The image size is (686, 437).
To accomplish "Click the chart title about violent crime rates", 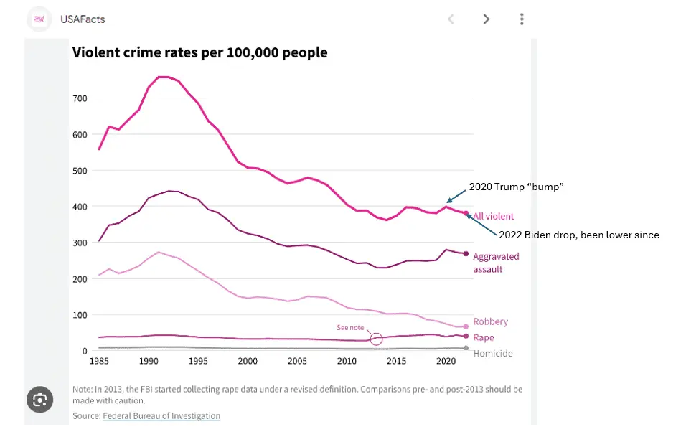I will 199,52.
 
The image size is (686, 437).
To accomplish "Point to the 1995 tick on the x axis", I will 198,360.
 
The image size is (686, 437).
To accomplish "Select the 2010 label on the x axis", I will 347,360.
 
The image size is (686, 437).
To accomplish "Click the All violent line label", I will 493,216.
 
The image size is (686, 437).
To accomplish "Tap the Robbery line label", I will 490,322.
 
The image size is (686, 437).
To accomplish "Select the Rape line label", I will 484,338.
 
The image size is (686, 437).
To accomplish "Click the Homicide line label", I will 493,353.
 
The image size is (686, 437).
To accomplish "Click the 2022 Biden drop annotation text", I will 578,235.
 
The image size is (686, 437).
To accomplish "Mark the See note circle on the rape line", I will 376,339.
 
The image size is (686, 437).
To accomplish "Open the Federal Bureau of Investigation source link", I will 161,416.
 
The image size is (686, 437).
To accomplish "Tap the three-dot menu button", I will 522,19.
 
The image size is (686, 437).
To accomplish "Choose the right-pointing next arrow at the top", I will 487,19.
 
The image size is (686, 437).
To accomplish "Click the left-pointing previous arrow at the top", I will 451,19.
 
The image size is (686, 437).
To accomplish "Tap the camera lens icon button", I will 39,400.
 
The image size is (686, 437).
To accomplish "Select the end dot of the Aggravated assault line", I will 466,254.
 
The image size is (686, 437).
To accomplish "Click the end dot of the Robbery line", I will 466,326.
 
